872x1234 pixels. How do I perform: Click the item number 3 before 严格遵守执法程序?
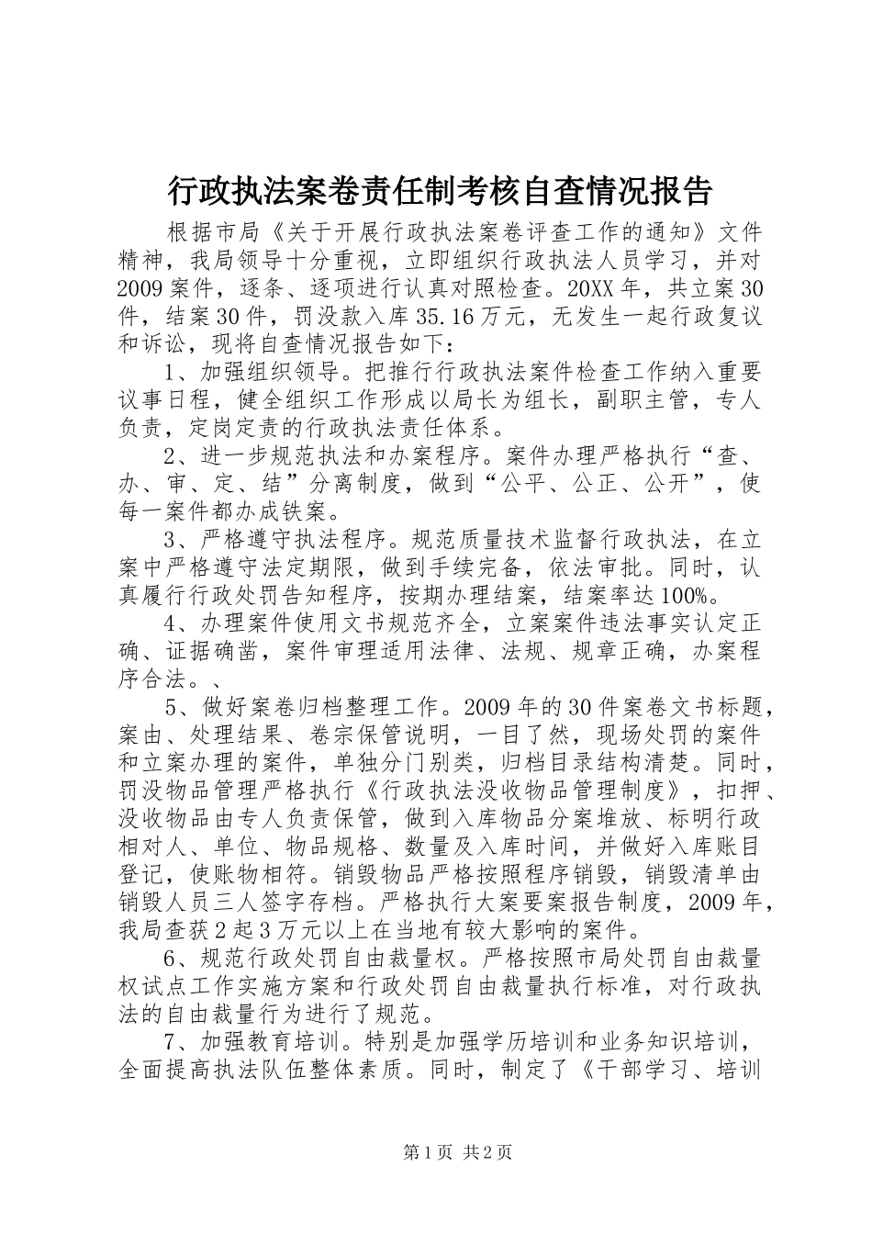click(171, 539)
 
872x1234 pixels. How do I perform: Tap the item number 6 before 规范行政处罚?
click(171, 959)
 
